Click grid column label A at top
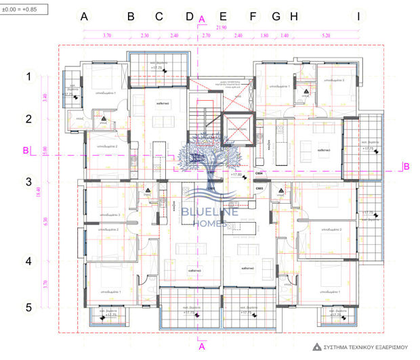(x=85, y=16)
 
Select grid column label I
(x=358, y=16)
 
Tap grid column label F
(x=253, y=16)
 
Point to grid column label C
(x=159, y=16)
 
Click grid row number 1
(x=28, y=77)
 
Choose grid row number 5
(x=28, y=307)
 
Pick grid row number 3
(x=28, y=181)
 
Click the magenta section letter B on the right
(x=406, y=166)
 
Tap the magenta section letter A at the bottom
(x=201, y=346)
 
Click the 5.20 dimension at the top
(x=327, y=35)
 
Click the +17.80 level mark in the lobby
(x=237, y=175)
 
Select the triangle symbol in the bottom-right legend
(x=316, y=347)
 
